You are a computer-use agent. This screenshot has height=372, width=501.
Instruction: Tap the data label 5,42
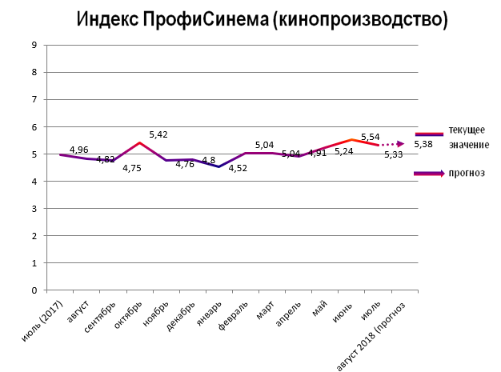[158, 134]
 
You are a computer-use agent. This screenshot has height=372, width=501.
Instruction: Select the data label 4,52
[238, 167]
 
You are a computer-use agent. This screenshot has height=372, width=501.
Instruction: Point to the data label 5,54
[370, 137]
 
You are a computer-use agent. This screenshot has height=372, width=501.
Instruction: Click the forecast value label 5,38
[423, 144]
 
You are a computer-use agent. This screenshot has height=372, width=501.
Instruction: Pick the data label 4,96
[79, 149]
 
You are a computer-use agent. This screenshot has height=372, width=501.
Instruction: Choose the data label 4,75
[132, 167]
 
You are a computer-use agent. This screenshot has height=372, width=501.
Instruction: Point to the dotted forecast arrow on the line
[391, 145]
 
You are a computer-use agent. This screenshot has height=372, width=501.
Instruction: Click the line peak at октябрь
[139, 143]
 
